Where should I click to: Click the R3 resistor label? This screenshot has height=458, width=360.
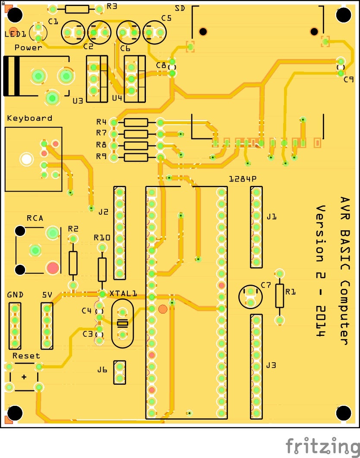[x=112, y=6]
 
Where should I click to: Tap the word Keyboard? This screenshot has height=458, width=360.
[x=29, y=118]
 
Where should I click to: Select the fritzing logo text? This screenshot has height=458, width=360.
[x=322, y=445]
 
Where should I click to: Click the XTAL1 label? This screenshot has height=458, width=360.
[x=123, y=294]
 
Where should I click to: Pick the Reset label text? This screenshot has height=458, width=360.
[x=26, y=356]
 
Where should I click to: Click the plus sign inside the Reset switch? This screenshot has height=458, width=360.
[x=24, y=377]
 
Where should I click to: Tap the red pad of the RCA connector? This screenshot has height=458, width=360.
[x=53, y=268]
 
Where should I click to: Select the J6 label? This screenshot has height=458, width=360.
[x=102, y=370]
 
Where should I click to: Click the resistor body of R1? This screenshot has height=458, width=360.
[x=280, y=295]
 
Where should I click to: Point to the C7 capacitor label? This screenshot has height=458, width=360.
[x=265, y=285]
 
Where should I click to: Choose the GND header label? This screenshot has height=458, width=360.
[x=15, y=295]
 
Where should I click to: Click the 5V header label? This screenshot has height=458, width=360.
[x=47, y=295]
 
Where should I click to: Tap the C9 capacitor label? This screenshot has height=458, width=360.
[x=349, y=79]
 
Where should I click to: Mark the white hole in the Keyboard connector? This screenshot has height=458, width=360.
[x=27, y=159]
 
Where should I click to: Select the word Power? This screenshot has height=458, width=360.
[x=28, y=47]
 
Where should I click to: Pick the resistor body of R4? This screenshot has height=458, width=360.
[x=136, y=122]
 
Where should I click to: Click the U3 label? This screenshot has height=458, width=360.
[x=78, y=101]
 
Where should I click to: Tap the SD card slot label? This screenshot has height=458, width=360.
[x=180, y=9]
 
